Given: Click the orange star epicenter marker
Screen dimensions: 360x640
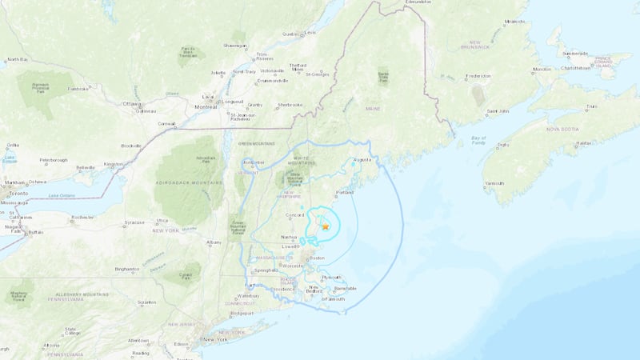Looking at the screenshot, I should tap(326, 227).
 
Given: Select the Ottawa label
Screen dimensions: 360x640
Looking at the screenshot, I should tap(130, 104).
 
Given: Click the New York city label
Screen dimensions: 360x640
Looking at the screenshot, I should tap(215, 339).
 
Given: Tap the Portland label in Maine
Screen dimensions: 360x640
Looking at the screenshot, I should tap(345, 192).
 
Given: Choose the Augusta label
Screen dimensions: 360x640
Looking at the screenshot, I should tap(363, 160).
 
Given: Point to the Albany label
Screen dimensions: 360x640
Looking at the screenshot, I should tap(214, 242).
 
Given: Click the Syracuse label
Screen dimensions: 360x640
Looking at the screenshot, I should tap(134, 222).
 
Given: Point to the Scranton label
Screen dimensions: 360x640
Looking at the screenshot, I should tap(146, 302).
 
